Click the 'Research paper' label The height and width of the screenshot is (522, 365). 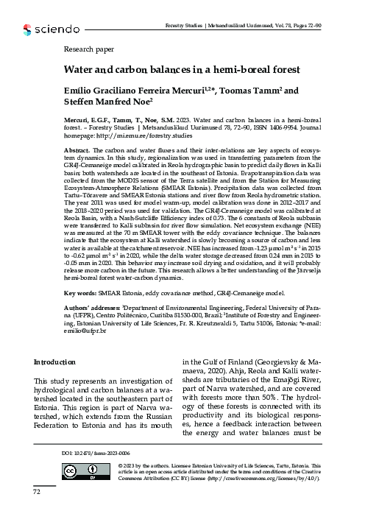[x=88, y=53]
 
